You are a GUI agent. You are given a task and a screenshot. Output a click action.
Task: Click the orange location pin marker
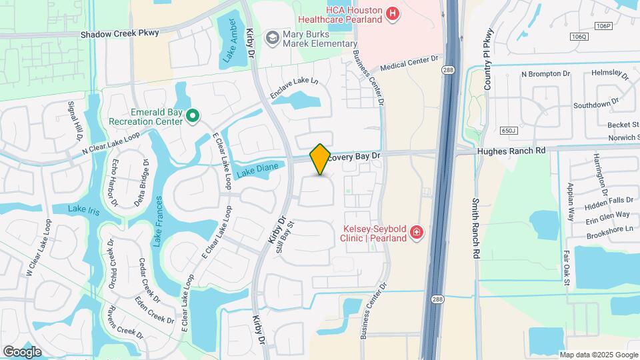coord(321,159)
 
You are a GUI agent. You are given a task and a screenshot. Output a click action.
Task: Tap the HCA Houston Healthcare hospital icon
coord(393,13)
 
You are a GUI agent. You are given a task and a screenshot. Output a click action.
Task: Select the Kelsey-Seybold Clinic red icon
coord(417,232)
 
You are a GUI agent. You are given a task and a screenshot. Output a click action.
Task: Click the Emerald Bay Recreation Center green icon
coord(193,117)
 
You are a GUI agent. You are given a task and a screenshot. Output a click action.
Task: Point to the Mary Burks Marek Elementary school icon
coord(271,37)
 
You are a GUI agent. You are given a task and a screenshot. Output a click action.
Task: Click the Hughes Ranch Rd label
coord(511,151)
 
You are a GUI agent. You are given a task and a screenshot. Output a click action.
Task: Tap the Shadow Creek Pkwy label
coord(120,33)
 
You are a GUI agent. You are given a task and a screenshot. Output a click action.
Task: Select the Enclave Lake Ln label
coord(294,90)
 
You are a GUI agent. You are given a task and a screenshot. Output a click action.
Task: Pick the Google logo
coord(23,351)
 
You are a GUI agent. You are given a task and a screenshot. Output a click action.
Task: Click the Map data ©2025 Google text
coord(598,355)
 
